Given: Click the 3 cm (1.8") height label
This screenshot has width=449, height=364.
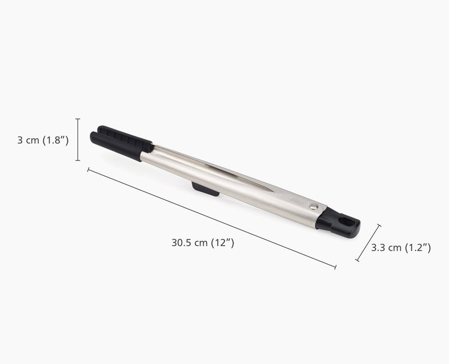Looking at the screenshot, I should (43, 140).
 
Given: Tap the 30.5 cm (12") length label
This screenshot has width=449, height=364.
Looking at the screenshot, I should (203, 243).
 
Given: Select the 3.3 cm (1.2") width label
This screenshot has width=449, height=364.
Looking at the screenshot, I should (401, 247).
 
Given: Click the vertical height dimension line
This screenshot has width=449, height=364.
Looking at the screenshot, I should (77, 140).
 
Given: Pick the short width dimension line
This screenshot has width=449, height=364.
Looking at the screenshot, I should (369, 243).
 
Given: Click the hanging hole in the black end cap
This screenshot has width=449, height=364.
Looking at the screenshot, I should (347, 222).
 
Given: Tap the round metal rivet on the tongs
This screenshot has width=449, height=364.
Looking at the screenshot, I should (315, 206).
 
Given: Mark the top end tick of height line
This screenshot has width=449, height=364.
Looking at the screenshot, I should (77, 119).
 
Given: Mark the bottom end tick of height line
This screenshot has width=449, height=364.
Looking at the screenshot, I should (77, 161).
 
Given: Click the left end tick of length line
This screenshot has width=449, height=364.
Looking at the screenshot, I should (88, 168).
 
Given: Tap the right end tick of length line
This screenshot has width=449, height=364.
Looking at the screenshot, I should (335, 268).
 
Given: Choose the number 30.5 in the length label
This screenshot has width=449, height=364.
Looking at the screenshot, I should (181, 243).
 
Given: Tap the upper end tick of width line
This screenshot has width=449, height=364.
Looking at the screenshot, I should (380, 225).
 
